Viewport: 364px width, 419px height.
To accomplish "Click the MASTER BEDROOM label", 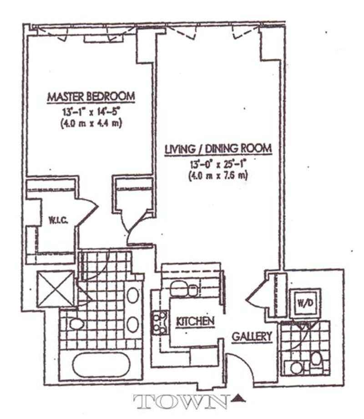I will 91,97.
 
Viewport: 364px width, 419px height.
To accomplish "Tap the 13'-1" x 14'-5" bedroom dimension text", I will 91,111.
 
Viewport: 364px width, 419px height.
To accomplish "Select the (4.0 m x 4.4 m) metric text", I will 91,123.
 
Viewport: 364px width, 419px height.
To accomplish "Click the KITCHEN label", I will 195,322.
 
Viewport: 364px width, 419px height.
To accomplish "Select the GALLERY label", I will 252,337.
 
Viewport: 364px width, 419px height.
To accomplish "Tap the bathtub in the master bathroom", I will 101,365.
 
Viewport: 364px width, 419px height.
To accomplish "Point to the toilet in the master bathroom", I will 76,325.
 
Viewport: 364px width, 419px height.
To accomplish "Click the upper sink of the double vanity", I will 132,295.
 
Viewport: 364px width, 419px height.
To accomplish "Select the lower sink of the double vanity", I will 132,324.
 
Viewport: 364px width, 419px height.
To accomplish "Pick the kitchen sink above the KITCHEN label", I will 184,289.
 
